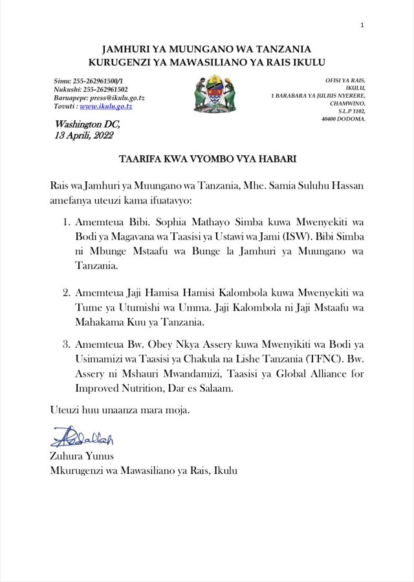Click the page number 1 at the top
(362, 25)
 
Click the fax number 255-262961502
(103, 89)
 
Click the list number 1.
(67, 221)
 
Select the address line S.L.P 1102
(348, 111)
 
